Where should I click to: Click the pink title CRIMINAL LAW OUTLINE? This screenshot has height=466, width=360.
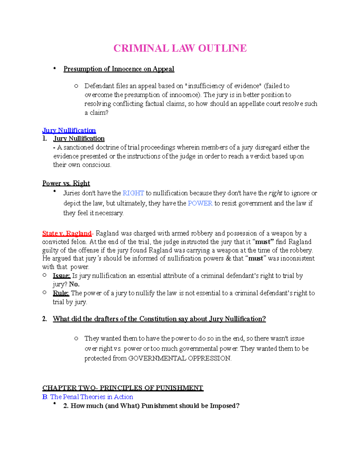click(x=180, y=48)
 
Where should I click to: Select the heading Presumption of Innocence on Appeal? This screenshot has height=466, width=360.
click(x=118, y=69)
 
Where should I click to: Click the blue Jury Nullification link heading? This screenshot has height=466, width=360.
click(x=69, y=131)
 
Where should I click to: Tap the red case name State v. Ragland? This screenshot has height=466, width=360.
click(x=67, y=233)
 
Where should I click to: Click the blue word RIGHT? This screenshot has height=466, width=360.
click(x=133, y=193)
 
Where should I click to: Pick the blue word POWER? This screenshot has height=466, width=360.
click(x=200, y=203)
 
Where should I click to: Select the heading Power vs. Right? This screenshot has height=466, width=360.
click(x=66, y=183)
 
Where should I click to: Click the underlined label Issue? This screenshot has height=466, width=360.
click(x=61, y=276)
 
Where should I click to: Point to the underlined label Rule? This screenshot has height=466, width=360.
click(x=61, y=293)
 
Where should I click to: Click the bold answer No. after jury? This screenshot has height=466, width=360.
click(x=74, y=284)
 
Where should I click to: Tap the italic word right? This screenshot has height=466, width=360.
click(x=275, y=193)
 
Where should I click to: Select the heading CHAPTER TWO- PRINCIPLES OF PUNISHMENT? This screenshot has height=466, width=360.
click(x=123, y=388)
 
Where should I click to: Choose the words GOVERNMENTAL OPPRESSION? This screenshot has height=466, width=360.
click(x=179, y=359)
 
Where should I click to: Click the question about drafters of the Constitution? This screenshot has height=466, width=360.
click(x=159, y=319)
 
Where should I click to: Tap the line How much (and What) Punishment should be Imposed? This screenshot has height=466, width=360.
click(x=151, y=406)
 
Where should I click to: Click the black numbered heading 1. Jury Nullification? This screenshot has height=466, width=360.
click(x=79, y=139)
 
